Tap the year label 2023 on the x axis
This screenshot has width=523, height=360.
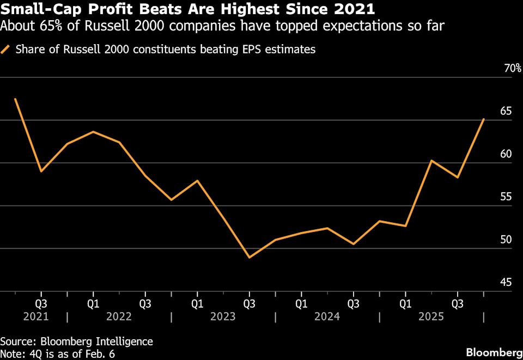[x=223, y=316]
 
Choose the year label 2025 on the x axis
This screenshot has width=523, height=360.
[x=431, y=316]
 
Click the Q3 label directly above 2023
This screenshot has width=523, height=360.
[x=250, y=302]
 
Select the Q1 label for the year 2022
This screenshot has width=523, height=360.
[x=93, y=302]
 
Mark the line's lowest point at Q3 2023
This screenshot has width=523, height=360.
[x=250, y=258]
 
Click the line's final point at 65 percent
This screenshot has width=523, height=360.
[x=484, y=119]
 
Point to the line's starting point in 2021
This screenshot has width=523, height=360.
[x=15, y=99]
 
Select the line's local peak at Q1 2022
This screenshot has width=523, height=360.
[x=93, y=132]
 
